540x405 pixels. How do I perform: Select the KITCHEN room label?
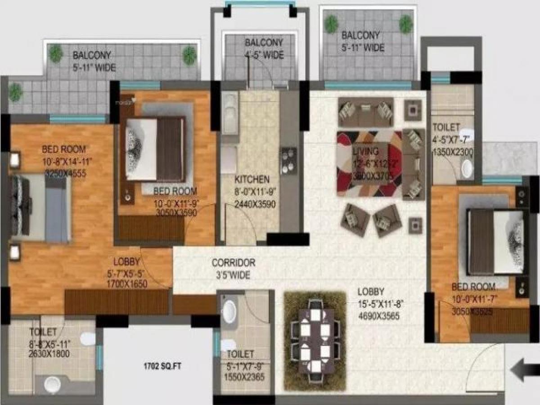(252, 180)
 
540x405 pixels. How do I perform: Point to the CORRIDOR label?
(234, 262)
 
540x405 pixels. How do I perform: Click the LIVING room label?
(365, 151)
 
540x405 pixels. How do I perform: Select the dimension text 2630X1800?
(49, 354)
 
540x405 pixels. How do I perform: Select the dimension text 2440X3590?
(255, 204)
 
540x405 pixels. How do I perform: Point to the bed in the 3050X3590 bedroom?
(155, 148)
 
